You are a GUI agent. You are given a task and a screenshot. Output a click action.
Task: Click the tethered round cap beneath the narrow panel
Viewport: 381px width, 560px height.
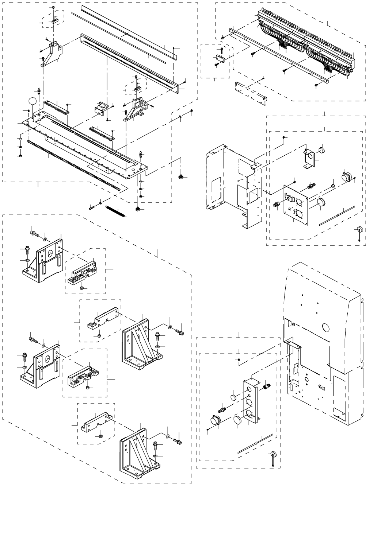pyautogui.click(x=273, y=455)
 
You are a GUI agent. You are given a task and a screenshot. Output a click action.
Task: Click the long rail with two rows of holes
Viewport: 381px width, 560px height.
pyautogui.click(x=130, y=62)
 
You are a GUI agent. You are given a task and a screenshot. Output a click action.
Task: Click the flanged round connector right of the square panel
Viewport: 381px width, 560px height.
pyautogui.click(x=345, y=176)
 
